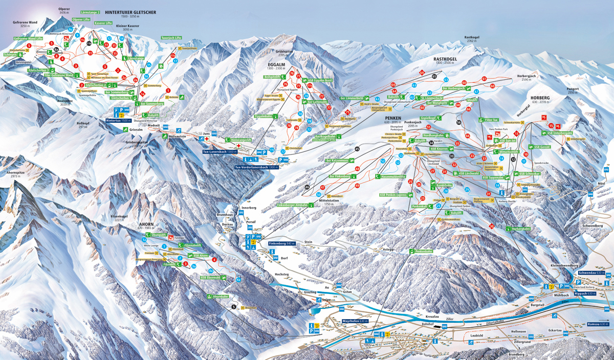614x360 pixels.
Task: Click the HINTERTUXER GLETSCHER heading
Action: click(x=130, y=12)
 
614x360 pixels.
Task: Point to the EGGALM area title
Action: click(x=276, y=65)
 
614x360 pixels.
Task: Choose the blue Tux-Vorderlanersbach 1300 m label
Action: click(x=257, y=167)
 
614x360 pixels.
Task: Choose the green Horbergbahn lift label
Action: click(x=517, y=229)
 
